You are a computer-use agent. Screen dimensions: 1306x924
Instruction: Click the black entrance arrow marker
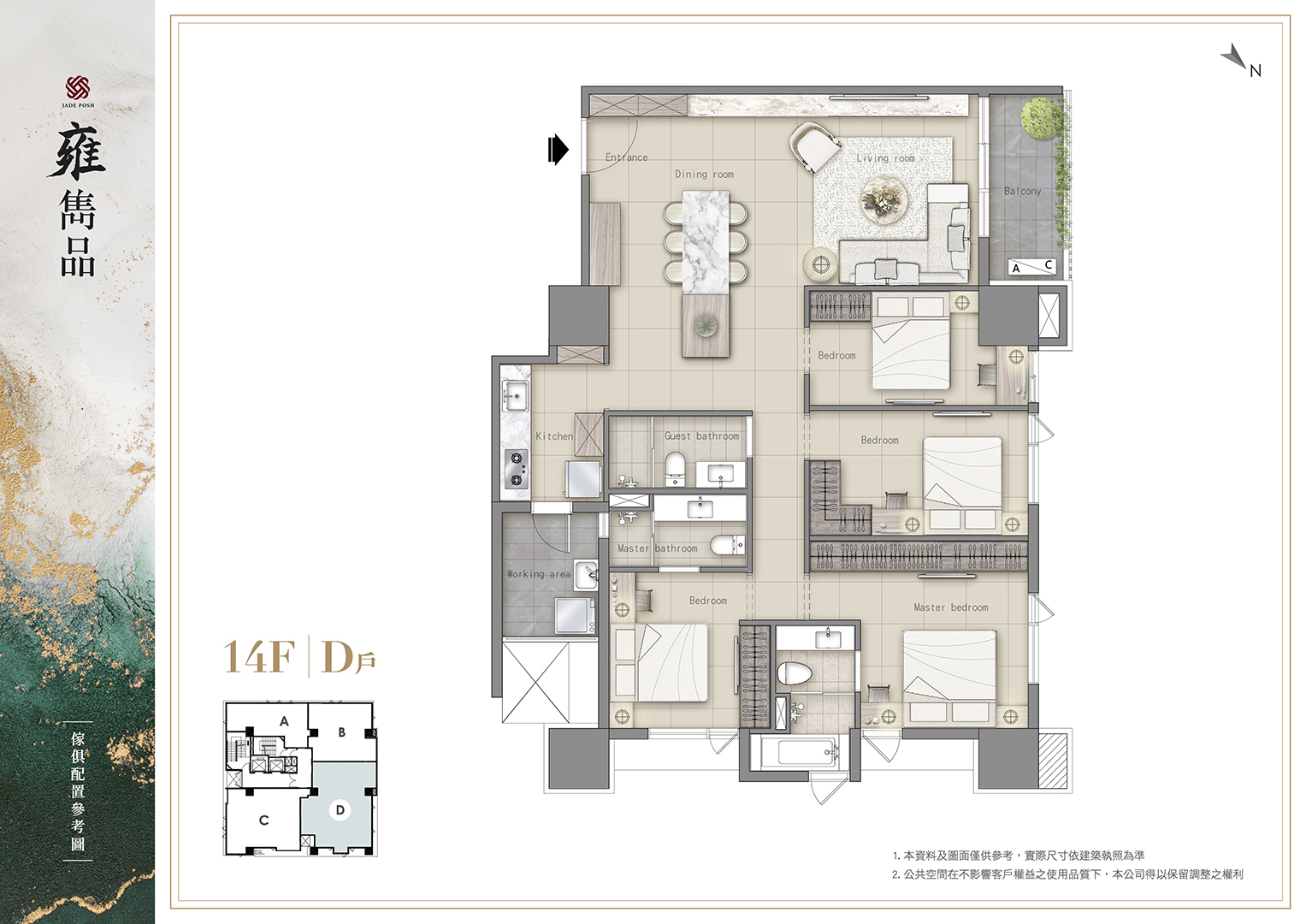pos(558,150)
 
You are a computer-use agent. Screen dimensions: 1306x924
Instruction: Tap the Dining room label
pos(704,174)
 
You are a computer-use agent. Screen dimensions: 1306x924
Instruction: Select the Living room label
pos(885,158)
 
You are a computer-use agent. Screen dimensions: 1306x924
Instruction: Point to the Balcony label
pos(1022,191)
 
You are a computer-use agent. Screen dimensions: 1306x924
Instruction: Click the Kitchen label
pos(554,435)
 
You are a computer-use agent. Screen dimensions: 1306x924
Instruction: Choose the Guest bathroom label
pos(701,435)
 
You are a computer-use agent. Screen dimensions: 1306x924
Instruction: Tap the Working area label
pos(538,573)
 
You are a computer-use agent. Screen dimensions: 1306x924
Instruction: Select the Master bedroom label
pos(951,607)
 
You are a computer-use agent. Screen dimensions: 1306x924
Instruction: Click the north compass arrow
pos(1234,57)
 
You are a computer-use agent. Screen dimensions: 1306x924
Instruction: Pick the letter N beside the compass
pos(1256,71)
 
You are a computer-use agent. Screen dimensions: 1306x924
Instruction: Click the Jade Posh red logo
pos(78,88)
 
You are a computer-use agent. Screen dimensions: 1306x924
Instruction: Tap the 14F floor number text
pos(259,657)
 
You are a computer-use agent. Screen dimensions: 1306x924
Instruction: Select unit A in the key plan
pos(284,721)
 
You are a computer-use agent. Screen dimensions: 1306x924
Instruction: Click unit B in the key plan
pos(341,732)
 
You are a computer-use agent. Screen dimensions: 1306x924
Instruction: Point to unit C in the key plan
pos(263,820)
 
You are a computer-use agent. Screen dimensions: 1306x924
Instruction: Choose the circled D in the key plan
pos(340,810)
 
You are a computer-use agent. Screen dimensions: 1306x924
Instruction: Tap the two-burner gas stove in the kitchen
pos(517,469)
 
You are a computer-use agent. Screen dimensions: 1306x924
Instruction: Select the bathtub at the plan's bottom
pos(801,753)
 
